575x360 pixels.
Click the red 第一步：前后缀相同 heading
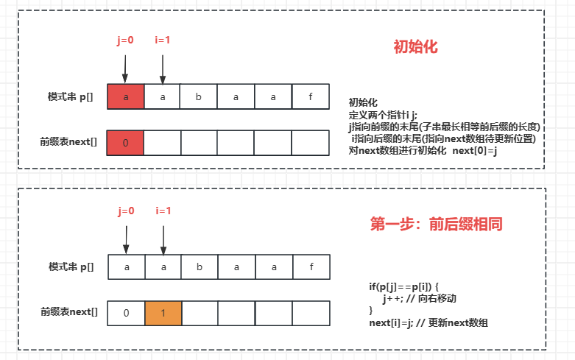coord(436,225)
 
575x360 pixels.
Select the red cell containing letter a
coord(126,97)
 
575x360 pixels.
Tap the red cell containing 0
coord(126,143)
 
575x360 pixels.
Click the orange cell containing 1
coord(163,313)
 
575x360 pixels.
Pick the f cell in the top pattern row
coord(310,97)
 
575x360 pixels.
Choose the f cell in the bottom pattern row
coord(311,267)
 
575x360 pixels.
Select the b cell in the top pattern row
coord(200,97)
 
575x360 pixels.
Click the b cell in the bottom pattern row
coord(200,267)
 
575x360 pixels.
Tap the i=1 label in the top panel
coord(162,40)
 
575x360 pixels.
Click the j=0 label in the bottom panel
coord(126,211)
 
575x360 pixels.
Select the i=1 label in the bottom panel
coord(163,211)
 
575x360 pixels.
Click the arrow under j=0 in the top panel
coord(125,68)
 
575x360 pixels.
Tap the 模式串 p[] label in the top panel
coord(71,97)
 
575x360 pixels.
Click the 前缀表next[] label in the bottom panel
coord(68,312)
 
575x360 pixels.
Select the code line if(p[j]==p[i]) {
coord(403,286)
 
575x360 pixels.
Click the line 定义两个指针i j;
coord(382,115)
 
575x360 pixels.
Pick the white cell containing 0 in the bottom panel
coord(127,313)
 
